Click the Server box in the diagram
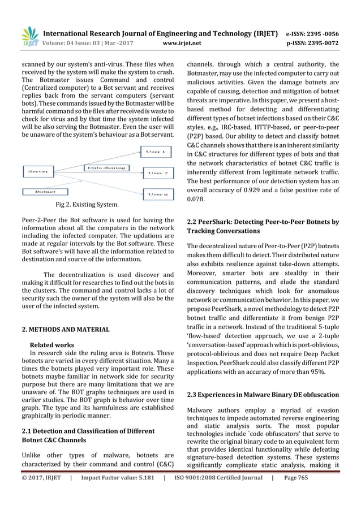tap(38, 170)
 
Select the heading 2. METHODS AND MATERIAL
tap(57, 329)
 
